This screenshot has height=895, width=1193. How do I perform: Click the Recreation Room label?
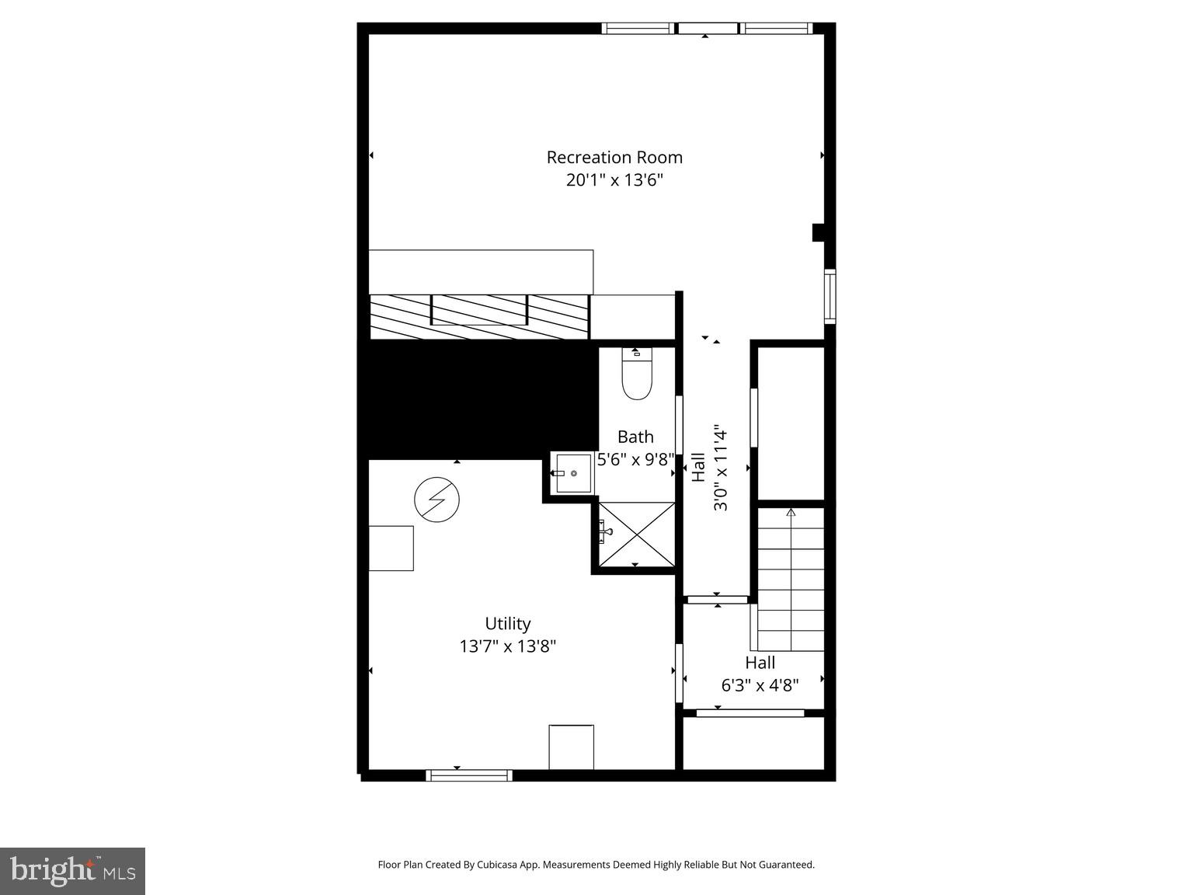(x=614, y=157)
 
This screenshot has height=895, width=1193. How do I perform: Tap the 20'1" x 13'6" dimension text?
(x=614, y=180)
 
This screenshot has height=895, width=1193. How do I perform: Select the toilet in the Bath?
(x=637, y=378)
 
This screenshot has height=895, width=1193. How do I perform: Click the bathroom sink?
(x=573, y=473)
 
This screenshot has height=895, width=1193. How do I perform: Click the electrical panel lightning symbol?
(x=437, y=499)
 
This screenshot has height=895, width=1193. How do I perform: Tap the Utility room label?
(x=508, y=623)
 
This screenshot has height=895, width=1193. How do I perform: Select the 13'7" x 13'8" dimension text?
(x=508, y=646)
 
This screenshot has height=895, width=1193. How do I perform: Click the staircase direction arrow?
(x=791, y=514)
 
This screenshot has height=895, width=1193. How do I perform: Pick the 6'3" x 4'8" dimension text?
(x=760, y=685)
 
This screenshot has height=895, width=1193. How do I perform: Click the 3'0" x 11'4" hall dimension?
(x=722, y=468)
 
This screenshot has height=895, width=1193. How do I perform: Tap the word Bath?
(x=635, y=437)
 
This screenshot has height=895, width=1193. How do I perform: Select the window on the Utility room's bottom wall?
(x=469, y=775)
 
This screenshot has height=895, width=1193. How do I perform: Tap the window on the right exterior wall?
(x=830, y=296)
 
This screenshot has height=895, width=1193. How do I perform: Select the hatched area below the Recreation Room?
(x=479, y=316)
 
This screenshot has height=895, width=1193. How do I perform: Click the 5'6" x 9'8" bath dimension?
(x=635, y=460)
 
